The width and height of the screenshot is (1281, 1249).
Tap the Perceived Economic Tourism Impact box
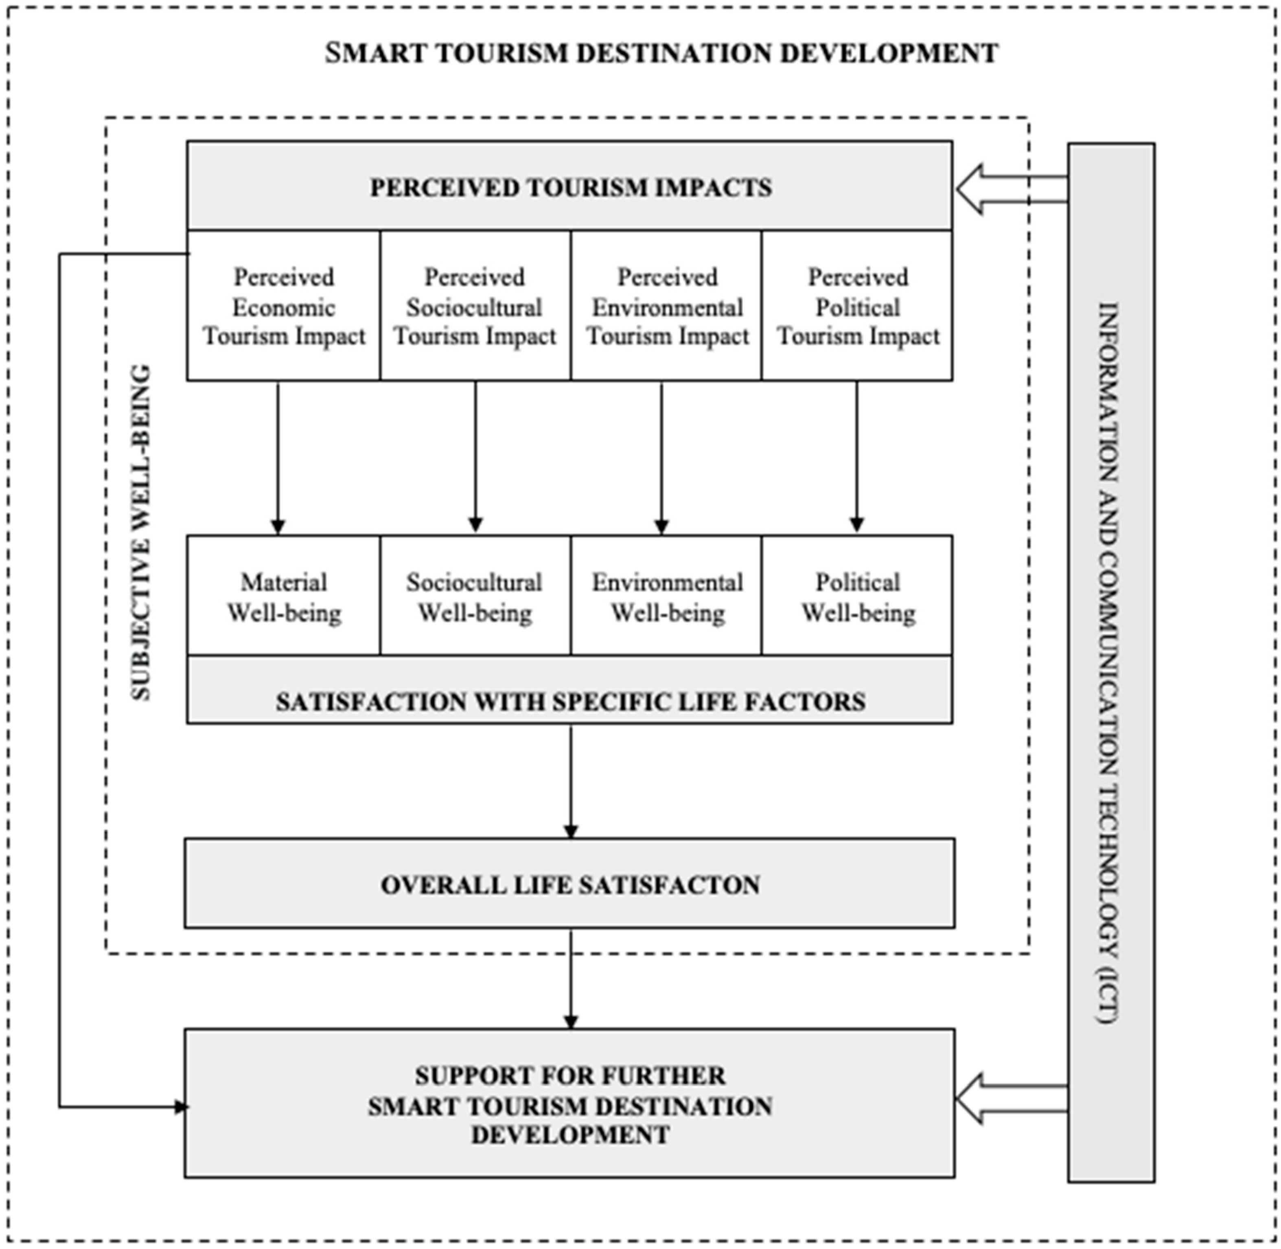283,306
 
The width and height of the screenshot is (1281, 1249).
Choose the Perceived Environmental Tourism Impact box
666,306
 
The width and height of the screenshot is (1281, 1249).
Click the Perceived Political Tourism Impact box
857,306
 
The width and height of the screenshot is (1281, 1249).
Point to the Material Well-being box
283,597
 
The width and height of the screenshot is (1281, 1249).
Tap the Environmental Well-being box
666,597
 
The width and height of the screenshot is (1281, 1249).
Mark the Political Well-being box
857,597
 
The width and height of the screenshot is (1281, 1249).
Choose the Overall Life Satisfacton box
569,884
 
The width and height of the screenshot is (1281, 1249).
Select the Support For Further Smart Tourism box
569,1105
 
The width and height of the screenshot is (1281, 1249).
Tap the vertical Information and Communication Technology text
1110,662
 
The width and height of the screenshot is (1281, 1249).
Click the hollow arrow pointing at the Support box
1010,1099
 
